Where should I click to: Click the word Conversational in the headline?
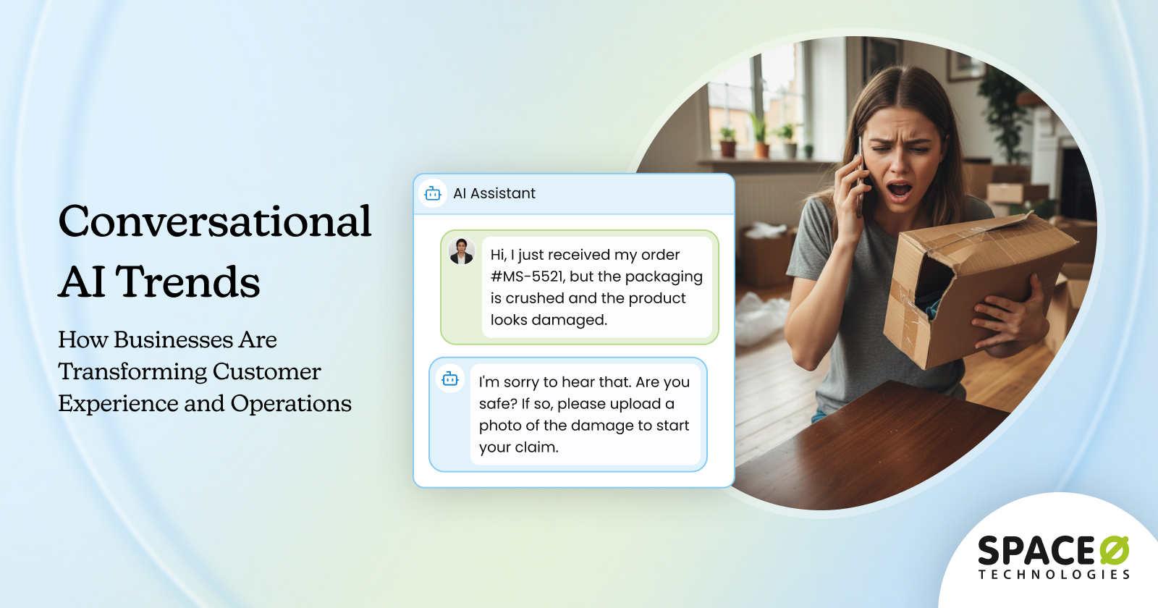(x=215, y=221)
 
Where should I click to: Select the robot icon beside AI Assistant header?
(x=433, y=193)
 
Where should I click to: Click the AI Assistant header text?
(x=494, y=193)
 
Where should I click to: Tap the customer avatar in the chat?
(x=461, y=251)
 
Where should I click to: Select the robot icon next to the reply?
(x=450, y=379)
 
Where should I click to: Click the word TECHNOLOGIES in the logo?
(x=1054, y=575)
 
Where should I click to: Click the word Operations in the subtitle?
(x=291, y=403)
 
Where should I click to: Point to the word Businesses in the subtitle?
(x=195, y=339)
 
